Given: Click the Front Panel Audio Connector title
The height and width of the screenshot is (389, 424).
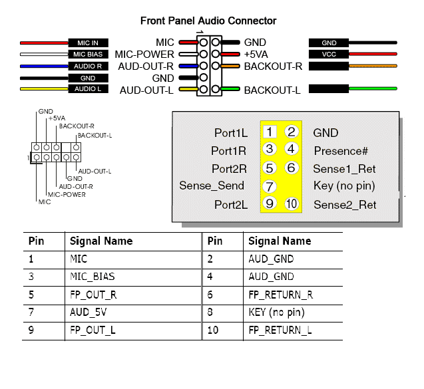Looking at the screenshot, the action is tap(208, 21).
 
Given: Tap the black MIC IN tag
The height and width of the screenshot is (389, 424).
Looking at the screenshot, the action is tap(88, 43).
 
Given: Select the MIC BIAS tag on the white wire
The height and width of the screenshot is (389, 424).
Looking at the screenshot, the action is tap(88, 55).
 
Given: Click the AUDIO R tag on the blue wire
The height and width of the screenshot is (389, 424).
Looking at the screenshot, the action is tap(88, 66).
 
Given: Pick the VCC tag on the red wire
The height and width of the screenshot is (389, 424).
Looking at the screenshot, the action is tap(329, 54).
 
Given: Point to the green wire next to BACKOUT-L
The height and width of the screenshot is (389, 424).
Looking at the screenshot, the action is tap(373, 88).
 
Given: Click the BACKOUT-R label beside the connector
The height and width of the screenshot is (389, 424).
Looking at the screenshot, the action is tap(273, 66).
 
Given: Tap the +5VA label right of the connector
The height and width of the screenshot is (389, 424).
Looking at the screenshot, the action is tap(256, 55).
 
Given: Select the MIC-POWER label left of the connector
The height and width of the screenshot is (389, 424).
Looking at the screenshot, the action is tap(144, 55).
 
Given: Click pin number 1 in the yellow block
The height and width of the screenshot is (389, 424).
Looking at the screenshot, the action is tap(270, 132).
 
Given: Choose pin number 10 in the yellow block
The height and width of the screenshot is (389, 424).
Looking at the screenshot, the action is tap(292, 203).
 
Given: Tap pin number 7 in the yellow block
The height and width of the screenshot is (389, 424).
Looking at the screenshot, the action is tap(270, 186).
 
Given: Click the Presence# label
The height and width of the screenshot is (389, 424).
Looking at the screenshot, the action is tap(341, 151).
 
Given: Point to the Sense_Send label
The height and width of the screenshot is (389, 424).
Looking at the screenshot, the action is tap(212, 186).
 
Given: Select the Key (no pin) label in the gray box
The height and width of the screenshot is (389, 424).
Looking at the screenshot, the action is tap(344, 186).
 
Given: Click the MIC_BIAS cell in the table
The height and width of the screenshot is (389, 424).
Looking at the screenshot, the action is tap(93, 277).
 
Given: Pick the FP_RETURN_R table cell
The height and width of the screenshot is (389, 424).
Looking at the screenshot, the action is tap(281, 295).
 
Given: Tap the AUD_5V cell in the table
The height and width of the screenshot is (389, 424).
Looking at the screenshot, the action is tap(88, 313).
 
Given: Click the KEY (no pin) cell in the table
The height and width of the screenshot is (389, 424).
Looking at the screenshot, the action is tap(277, 313).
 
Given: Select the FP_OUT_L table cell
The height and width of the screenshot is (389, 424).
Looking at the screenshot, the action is tap(93, 330).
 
